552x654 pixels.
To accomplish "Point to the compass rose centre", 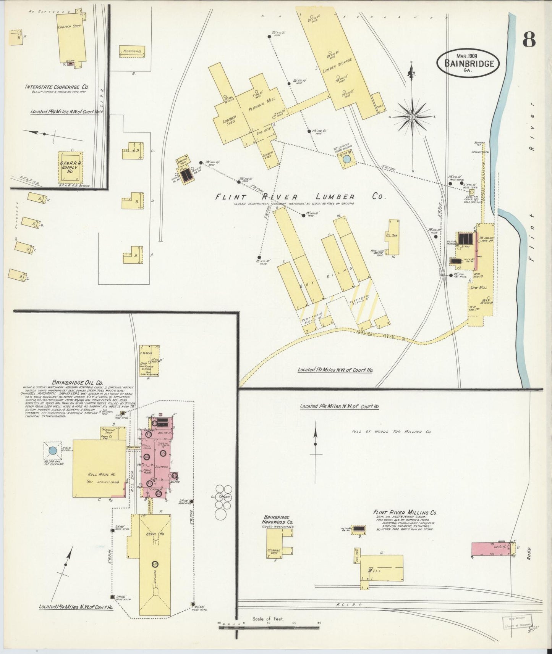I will (x=413, y=116).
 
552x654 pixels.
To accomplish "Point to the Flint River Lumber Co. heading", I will (x=300, y=197).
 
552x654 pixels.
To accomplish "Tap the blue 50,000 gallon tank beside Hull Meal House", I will (x=53, y=451).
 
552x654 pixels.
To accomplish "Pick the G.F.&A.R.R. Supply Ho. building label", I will (x=70, y=166).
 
